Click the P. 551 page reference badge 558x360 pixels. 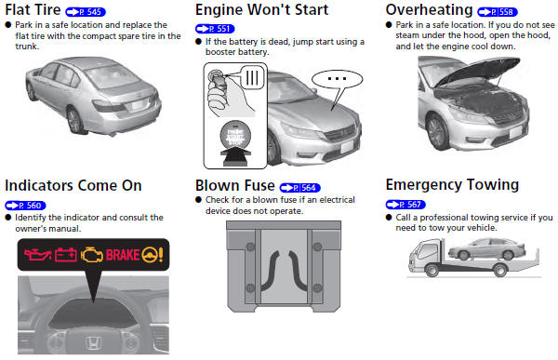[x=215, y=29]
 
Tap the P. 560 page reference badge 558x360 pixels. [x=25, y=204]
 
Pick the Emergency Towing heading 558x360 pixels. [x=451, y=184]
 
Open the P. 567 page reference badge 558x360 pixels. [x=405, y=204]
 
